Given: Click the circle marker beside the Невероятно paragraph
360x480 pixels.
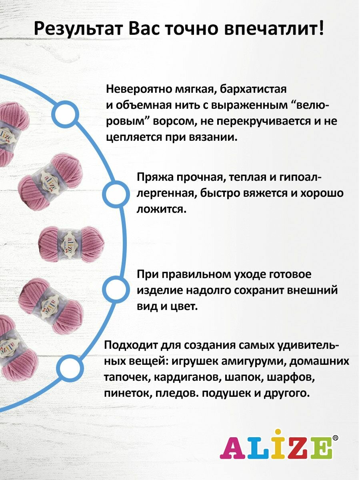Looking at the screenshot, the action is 66,115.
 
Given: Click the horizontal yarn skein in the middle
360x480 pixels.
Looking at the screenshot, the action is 71,244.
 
